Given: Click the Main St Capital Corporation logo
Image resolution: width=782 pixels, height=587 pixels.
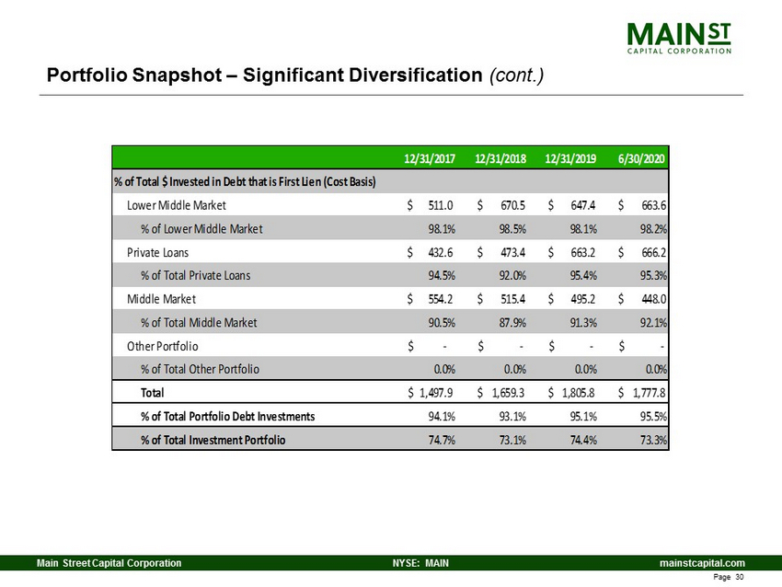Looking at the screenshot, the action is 679,38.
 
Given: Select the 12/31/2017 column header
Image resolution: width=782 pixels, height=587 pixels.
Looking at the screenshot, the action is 430,158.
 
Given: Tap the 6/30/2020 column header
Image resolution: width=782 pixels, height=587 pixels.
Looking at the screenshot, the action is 641,158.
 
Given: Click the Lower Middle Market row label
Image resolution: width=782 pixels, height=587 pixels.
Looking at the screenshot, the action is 176,205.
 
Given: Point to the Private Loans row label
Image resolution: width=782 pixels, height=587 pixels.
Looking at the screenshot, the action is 157,252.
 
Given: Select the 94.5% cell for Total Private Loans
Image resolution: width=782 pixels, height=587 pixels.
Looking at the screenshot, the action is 442,275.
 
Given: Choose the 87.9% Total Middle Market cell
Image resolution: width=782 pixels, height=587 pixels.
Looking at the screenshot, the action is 512,322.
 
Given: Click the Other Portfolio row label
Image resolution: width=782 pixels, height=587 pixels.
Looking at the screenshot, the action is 162,346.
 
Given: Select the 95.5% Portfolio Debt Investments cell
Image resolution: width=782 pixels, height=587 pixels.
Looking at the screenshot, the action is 654,416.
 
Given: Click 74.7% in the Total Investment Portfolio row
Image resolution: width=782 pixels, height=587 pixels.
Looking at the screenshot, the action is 442,440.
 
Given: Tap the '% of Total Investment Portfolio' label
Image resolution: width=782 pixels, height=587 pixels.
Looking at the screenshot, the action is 213,440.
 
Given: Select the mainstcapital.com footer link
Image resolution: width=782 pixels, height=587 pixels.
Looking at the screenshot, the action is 702,563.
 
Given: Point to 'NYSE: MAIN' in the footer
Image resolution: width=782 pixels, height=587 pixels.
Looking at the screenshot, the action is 420,563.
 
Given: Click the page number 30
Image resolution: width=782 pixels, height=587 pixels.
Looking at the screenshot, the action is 740,577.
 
